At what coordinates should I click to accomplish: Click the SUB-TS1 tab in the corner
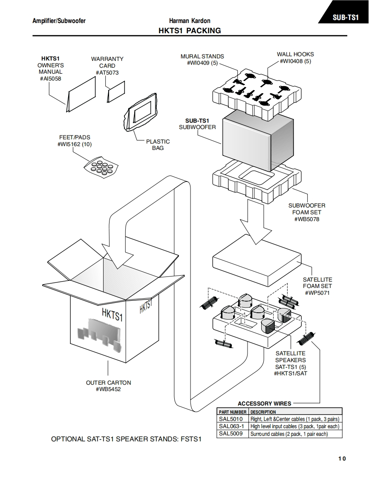[x=345, y=17]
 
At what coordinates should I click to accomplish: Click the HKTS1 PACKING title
[x=190, y=30]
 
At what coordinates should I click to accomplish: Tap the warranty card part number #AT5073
[x=107, y=72]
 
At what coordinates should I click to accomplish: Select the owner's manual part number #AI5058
[x=50, y=78]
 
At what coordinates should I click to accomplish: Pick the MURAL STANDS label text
[x=202, y=56]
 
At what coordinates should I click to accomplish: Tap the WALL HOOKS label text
[x=295, y=54]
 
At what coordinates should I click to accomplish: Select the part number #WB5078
[x=306, y=219]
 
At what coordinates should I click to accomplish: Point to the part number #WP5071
[x=317, y=293]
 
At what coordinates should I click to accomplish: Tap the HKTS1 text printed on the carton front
[x=112, y=316]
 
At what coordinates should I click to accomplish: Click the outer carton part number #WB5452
[x=108, y=389]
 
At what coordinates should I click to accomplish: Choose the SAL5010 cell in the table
[x=232, y=419]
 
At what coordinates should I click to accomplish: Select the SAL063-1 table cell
[x=232, y=426]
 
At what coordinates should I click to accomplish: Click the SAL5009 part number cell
[x=232, y=434]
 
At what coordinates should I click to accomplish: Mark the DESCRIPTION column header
[x=263, y=412]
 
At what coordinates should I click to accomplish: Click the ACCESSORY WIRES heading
[x=264, y=403]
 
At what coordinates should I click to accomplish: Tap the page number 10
[x=342, y=458]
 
